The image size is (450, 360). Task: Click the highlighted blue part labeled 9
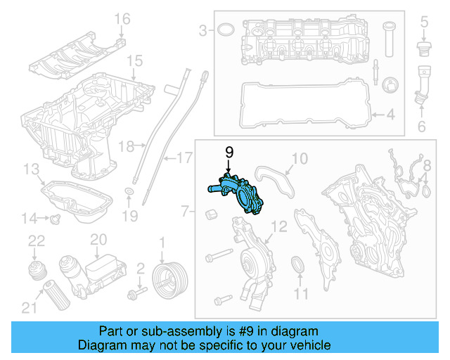241,194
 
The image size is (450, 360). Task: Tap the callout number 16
122,18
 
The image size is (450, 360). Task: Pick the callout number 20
98,240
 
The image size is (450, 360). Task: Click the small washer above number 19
131,192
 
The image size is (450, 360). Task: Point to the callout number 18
126,146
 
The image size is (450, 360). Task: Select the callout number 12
279,226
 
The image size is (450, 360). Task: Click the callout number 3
203,30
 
